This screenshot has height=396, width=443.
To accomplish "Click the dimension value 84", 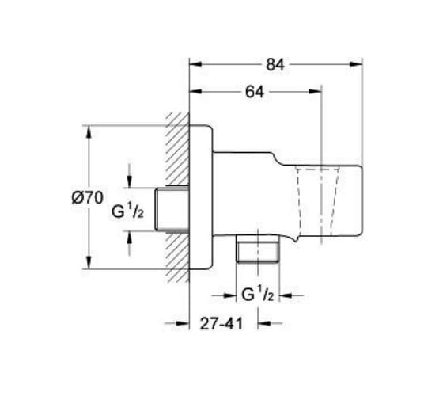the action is point(275,65).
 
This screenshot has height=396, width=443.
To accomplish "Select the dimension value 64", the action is point(255,92).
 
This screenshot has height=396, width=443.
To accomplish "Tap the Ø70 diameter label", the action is point(88,197).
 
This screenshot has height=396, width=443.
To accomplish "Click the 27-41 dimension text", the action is point(221,324).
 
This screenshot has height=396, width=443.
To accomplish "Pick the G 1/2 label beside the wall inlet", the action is point(127,211).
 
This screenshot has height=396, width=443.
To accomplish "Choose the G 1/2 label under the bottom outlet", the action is point(258,295).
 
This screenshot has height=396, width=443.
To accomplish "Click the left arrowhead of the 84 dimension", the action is point(196,64).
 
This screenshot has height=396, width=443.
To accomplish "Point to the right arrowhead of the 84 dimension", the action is point(356,64).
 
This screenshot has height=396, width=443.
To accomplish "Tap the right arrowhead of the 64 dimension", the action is point(315,91).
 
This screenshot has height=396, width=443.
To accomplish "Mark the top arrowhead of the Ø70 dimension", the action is point(89,131).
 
